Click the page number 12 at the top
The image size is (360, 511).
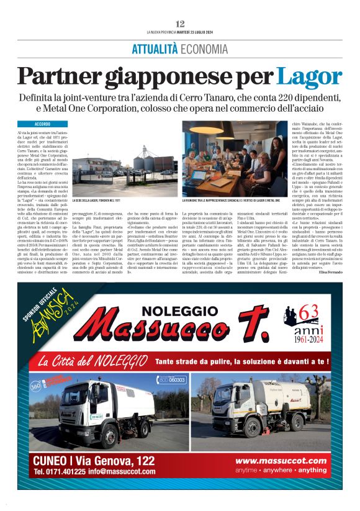point(180,23)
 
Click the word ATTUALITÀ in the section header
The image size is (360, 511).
point(155,49)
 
